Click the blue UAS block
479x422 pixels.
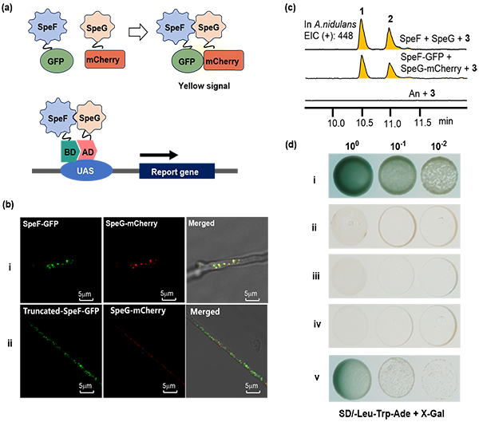point(89,178)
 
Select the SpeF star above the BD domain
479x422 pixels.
point(57,119)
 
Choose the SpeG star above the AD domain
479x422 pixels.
point(89,119)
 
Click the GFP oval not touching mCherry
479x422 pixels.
point(57,61)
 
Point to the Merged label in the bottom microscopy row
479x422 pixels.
point(205,311)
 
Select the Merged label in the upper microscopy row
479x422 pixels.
point(201,223)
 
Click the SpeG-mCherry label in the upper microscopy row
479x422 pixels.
point(133,224)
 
